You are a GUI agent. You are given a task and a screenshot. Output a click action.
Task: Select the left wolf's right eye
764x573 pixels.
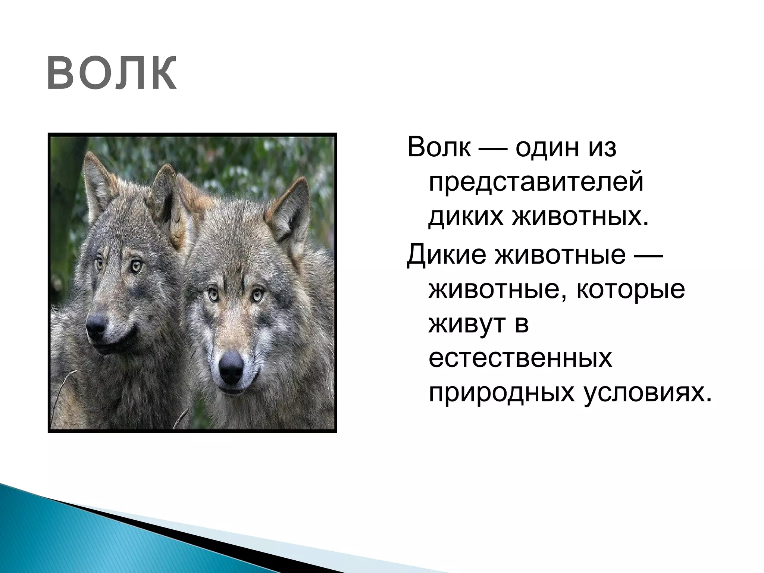tap(136, 266)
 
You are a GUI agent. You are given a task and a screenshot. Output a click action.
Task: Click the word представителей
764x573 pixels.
tap(536, 182)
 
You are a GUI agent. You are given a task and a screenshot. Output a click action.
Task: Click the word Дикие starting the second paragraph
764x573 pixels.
tap(446, 254)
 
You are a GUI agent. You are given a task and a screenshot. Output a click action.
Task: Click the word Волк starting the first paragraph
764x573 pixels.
tap(439, 147)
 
